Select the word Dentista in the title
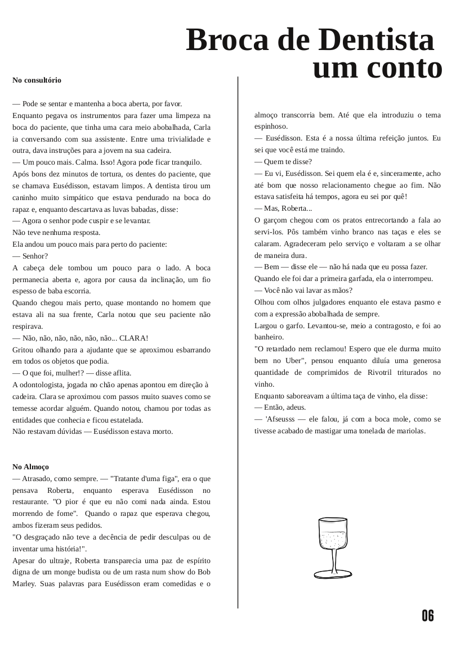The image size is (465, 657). pyautogui.click(x=375, y=40)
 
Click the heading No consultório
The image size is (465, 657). pyautogui.click(x=37, y=80)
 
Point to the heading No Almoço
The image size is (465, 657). pyautogui.click(x=31, y=467)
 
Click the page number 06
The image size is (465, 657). pyautogui.click(x=428, y=616)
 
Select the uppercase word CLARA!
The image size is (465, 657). pyautogui.click(x=134, y=338)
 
